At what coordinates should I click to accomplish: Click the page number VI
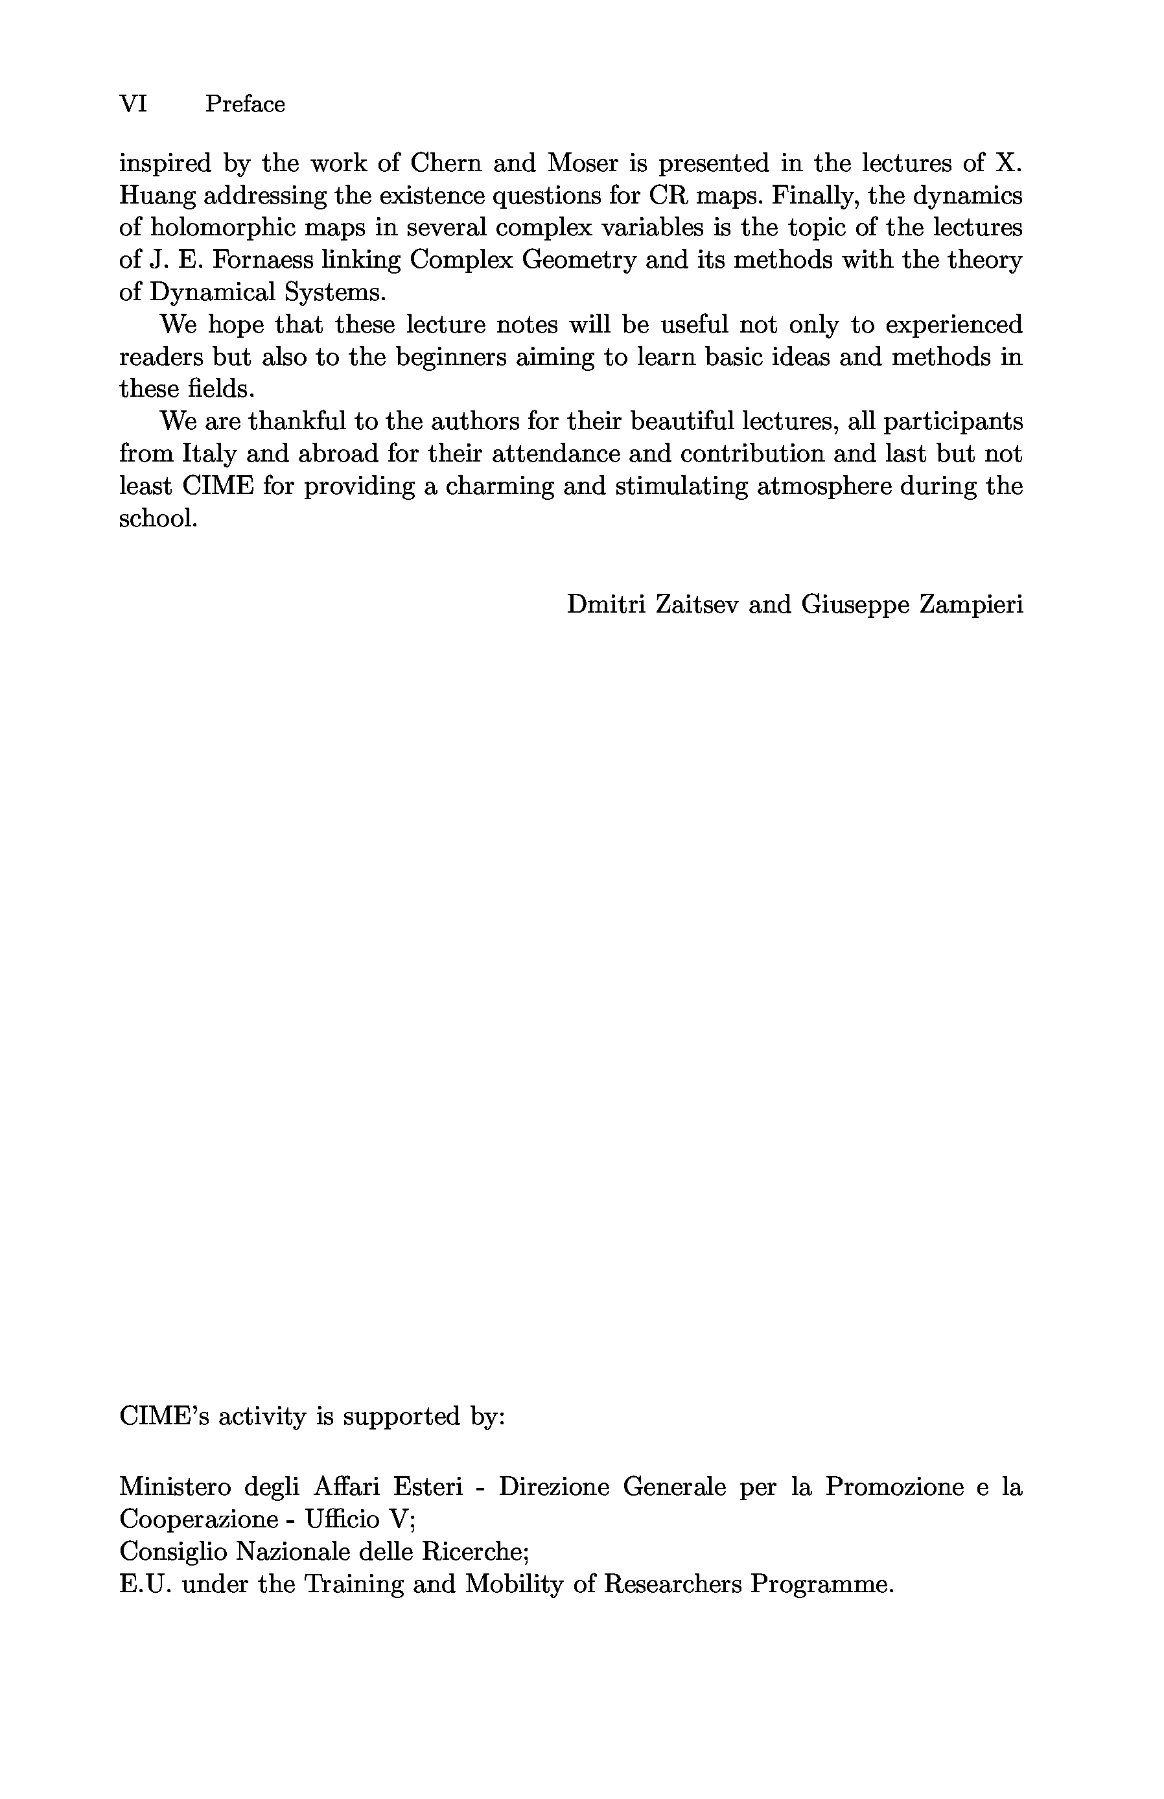(x=133, y=104)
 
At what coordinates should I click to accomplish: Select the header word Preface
(x=245, y=104)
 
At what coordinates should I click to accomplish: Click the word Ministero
(x=176, y=1487)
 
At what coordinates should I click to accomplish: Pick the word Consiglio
(x=172, y=1552)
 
